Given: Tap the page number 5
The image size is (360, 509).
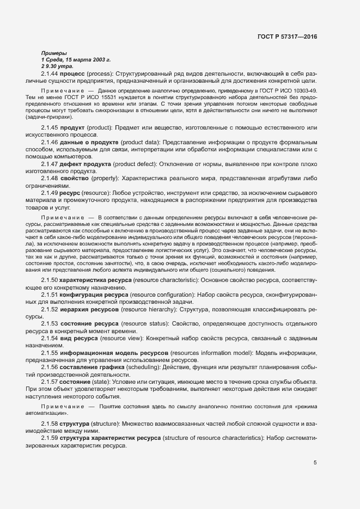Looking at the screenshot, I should point(315,463).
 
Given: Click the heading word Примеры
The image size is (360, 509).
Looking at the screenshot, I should point(53,53).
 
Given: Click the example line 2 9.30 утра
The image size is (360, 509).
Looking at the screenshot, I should point(53,65).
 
